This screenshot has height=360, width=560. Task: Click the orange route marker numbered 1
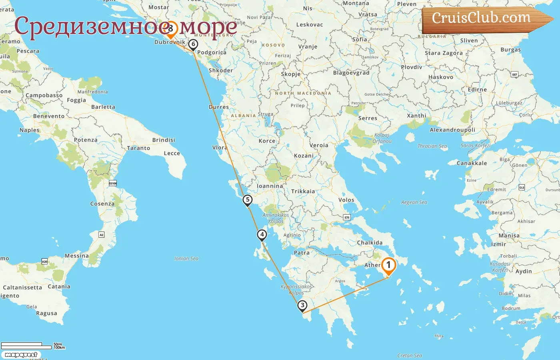388,266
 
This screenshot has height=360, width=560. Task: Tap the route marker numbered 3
302,306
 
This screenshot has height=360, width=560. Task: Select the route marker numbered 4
262,235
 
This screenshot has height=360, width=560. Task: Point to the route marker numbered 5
248,200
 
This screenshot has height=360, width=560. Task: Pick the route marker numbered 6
193,44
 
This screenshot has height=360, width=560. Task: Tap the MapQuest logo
21,355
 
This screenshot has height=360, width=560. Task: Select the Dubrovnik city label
170,42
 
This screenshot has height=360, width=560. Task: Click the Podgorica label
212,52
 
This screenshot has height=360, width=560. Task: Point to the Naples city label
30,130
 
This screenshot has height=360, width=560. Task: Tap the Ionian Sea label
186,258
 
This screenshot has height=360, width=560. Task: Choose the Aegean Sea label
414,202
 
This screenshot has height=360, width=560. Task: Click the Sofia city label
360,40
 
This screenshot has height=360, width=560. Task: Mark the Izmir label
498,244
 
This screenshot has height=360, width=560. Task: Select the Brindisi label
164,140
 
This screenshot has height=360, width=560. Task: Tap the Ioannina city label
270,186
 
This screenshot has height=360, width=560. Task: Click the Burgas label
511,50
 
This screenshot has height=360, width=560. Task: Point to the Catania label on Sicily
59,286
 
